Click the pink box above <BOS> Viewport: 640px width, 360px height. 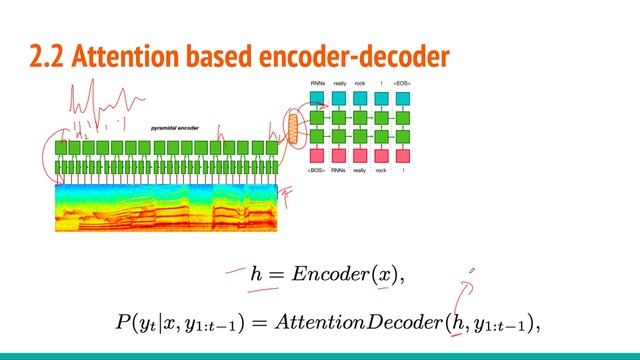(317, 155)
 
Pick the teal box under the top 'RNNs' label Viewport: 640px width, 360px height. (317, 98)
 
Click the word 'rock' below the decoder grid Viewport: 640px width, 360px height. (380, 172)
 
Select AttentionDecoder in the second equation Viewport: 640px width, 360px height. (371, 321)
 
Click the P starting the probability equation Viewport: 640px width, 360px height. (123, 321)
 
